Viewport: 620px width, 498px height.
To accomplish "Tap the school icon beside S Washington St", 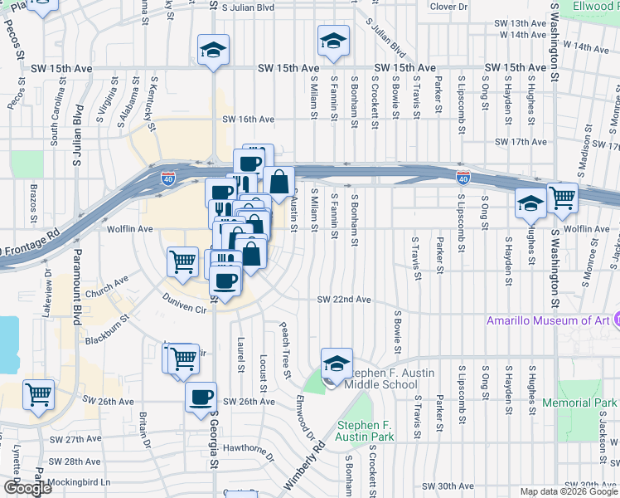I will click(x=530, y=202).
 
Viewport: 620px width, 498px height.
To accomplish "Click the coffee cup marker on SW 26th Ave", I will click(x=201, y=397).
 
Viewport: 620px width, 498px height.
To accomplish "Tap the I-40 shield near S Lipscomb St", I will click(x=463, y=178).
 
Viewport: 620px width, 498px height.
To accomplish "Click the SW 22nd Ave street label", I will click(x=343, y=300).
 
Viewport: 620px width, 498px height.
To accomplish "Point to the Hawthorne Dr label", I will click(x=247, y=451).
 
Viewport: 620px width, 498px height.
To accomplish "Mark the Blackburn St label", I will click(x=107, y=329).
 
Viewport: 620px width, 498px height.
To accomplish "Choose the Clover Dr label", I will click(x=449, y=7).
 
